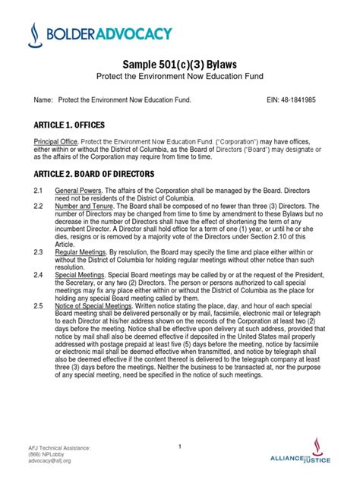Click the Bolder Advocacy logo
[99, 34]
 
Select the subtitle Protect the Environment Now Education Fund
[181, 81]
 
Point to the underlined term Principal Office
[55, 142]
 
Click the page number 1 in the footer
[180, 447]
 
